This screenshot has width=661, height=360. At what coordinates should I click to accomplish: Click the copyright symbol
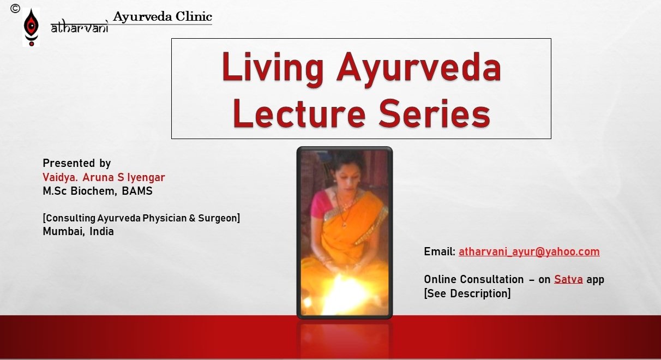15,9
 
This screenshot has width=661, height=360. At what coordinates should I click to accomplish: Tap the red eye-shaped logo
31,27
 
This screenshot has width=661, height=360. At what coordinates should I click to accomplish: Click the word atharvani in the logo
80,27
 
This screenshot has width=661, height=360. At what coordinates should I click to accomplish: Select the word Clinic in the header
194,16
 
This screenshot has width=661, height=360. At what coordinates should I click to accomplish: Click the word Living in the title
273,68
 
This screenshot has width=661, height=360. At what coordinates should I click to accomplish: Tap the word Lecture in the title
299,113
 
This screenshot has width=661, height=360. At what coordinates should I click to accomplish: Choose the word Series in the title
434,113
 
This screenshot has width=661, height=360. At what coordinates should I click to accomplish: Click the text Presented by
77,163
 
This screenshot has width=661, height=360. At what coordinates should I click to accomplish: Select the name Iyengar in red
146,178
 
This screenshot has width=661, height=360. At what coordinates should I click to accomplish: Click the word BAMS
137,191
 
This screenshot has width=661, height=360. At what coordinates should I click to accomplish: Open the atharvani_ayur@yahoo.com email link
529,251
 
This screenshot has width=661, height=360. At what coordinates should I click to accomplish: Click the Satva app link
568,279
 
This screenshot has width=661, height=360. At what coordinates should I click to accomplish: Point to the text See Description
467,293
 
